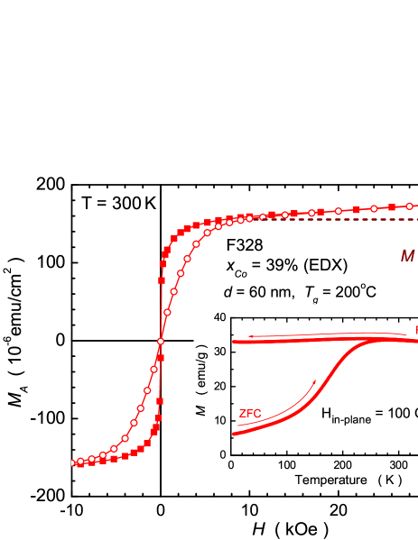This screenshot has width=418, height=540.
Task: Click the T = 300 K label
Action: pyautogui.click(x=118, y=203)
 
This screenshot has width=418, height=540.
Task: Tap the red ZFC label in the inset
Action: pyautogui.click(x=250, y=414)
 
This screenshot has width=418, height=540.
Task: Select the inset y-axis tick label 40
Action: pyautogui.click(x=217, y=317)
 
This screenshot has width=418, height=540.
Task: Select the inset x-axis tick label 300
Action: pyautogui.click(x=396, y=466)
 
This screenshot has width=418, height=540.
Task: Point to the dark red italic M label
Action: pyautogui.click(x=408, y=256)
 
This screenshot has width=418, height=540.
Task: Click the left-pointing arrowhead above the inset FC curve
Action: pyautogui.click(x=252, y=335)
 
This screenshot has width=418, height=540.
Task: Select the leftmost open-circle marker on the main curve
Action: pyautogui.click(x=80, y=462)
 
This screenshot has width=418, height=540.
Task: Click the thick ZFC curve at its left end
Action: pyautogui.click(x=234, y=434)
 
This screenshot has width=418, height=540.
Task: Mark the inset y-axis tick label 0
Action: pyautogui.click(x=220, y=454)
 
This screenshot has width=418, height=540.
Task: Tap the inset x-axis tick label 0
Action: pyautogui.click(x=232, y=466)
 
